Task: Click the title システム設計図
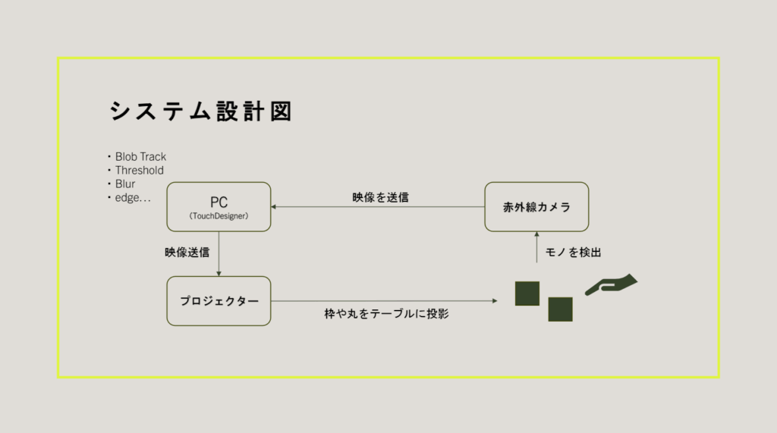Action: [x=200, y=111]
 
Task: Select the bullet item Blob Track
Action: [x=140, y=157]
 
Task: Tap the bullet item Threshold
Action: [x=139, y=171]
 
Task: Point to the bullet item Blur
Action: [x=125, y=184]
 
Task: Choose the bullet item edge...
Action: [x=132, y=198]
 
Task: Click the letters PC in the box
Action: [x=219, y=202]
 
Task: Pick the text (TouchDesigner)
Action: [x=219, y=216]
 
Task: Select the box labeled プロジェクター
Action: [x=219, y=301]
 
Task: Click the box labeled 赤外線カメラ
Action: [x=536, y=207]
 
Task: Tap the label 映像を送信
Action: [x=380, y=197]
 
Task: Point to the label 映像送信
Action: [x=187, y=252]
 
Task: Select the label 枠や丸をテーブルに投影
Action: [x=385, y=313]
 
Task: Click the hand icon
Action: [x=612, y=285]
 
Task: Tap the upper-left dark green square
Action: [x=527, y=293]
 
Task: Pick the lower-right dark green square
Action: [x=560, y=309]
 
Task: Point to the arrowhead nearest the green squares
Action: [x=495, y=301]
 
